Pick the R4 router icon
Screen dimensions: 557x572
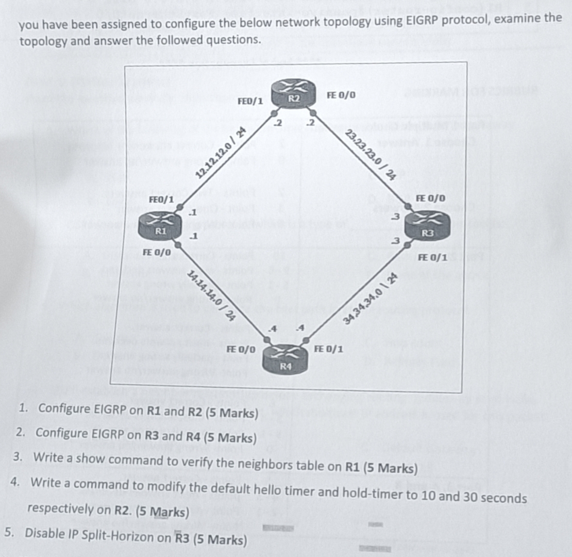click(285, 360)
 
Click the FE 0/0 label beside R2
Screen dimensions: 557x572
click(341, 95)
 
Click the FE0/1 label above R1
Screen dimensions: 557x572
click(161, 199)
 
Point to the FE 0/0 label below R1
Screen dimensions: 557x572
click(156, 253)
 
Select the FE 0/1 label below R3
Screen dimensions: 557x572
click(431, 257)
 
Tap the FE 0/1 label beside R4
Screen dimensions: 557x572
click(329, 350)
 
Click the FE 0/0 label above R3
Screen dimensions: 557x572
click(430, 199)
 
